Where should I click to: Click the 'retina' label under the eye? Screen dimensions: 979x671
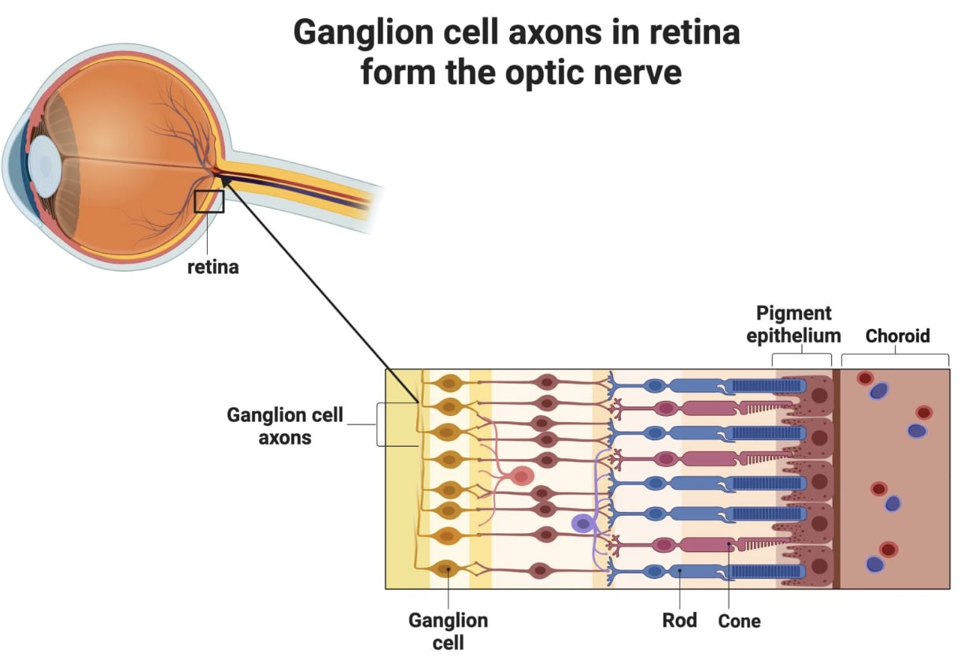212,267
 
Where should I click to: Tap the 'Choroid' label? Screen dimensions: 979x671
898,336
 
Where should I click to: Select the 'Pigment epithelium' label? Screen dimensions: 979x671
794,324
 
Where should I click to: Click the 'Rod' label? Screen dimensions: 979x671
680,621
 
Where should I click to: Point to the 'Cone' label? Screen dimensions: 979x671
740,621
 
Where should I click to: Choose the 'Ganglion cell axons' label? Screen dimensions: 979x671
285,426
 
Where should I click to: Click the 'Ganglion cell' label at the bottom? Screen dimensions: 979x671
449,632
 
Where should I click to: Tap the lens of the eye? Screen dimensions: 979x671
45,165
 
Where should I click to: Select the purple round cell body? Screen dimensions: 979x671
583,524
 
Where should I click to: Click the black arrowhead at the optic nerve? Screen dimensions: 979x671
225,180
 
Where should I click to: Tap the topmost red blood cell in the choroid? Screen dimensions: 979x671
865,378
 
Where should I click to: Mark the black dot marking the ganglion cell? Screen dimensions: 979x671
449,569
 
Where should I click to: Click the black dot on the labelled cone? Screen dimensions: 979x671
729,543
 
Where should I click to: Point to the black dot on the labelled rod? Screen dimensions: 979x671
680,570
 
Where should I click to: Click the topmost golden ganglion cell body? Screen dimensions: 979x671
449,384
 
